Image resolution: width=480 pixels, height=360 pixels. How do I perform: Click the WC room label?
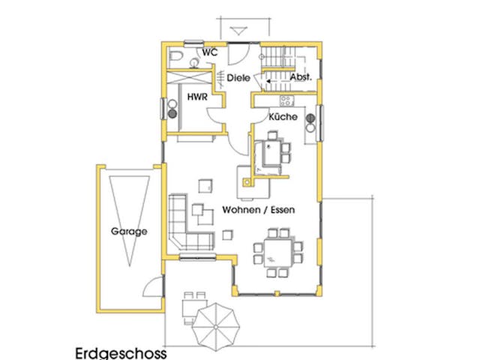[210, 52]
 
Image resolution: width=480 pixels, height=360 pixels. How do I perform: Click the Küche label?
[283, 118]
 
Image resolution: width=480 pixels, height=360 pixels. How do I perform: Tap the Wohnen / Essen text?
[257, 211]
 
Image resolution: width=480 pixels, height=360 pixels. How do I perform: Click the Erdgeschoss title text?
[121, 352]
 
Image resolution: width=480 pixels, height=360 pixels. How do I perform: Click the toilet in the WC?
[175, 56]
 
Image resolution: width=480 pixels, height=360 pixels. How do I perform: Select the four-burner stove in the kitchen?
[286, 100]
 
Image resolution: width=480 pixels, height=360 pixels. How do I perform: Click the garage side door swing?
[154, 286]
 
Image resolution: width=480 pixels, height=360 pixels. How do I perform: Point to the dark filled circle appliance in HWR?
[172, 115]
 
